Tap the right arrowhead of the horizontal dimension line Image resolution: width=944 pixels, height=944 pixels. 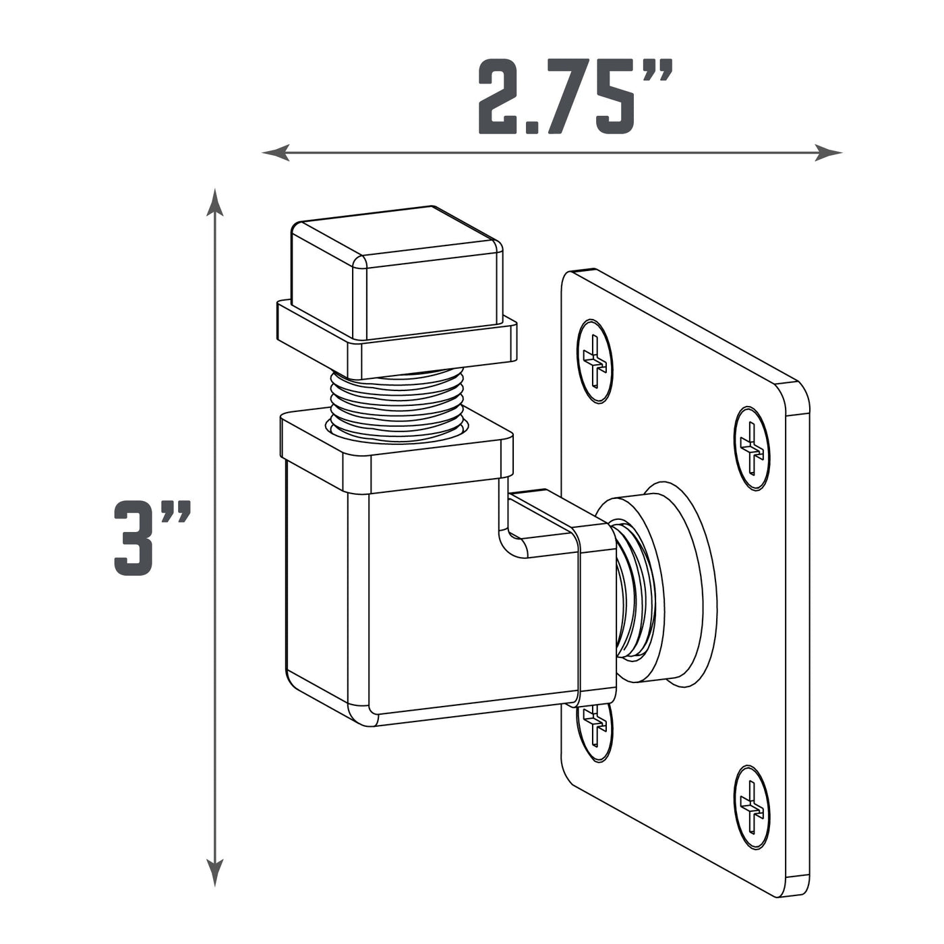pyautogui.click(x=828, y=152)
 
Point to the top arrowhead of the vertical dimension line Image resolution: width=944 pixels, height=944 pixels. pyautogui.click(x=214, y=202)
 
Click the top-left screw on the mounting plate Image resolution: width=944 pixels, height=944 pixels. pyautogui.click(x=594, y=361)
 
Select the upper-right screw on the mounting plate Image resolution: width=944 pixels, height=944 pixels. pyautogui.click(x=751, y=448)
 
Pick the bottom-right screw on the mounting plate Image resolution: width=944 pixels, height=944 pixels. pyautogui.click(x=751, y=806)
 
